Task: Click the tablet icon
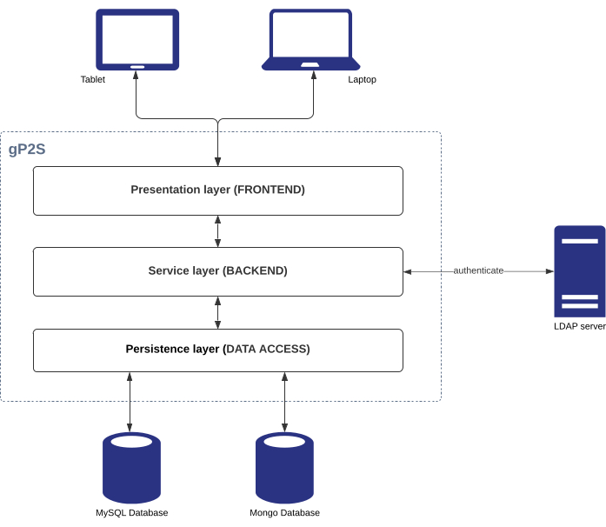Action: point(137,38)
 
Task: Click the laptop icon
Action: point(311,39)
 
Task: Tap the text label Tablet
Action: point(93,79)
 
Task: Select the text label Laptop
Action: point(362,79)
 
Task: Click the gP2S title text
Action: point(27,149)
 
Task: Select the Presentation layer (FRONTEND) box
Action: point(217,190)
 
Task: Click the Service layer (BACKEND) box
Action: point(217,271)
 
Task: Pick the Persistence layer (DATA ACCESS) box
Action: point(217,350)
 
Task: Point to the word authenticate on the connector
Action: point(478,270)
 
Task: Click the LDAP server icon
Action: point(579,271)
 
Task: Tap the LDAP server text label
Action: point(579,326)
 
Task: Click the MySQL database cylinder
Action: point(131,468)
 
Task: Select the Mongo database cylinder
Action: point(284,468)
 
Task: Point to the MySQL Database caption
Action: point(131,513)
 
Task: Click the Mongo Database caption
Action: point(284,513)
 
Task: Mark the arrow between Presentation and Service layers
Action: point(217,231)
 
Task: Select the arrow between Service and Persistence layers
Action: point(217,312)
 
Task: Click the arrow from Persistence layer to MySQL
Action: point(130,402)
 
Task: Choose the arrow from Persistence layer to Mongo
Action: point(284,402)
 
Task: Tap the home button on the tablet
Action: point(137,66)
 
